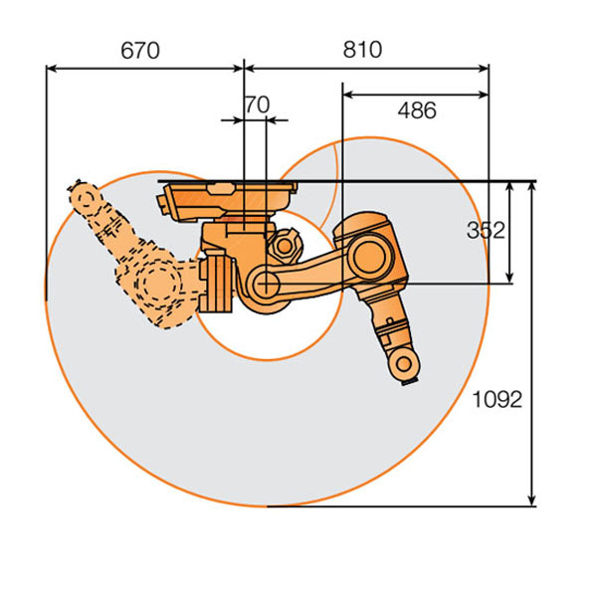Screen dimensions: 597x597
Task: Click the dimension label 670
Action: pyautogui.click(x=140, y=51)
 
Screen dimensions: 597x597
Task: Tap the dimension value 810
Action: pyautogui.click(x=362, y=50)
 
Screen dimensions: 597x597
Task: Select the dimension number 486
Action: pyautogui.click(x=417, y=110)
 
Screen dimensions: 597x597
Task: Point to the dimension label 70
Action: pyautogui.click(x=258, y=104)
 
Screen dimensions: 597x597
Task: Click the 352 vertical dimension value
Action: pyautogui.click(x=486, y=231)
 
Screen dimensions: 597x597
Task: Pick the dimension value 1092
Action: pyautogui.click(x=497, y=400)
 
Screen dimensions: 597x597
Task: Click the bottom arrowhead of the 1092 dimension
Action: pyautogui.click(x=532, y=500)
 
